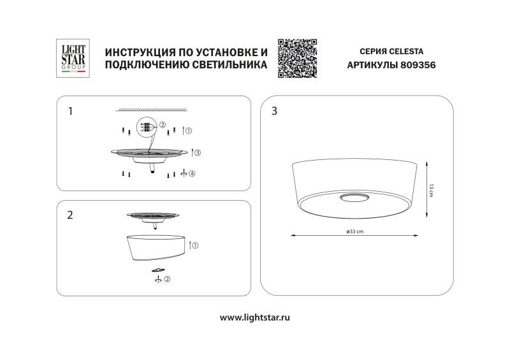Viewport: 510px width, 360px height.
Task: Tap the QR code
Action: (298, 58)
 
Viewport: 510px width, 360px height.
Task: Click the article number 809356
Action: (418, 65)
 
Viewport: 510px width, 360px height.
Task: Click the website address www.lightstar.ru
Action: (255, 317)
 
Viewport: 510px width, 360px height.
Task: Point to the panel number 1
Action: (70, 111)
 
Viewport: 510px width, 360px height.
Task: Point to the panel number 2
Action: (70, 215)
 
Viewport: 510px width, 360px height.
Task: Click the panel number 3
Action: (275, 111)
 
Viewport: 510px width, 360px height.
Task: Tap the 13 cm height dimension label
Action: (431, 189)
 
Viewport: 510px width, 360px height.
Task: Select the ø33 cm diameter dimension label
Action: (355, 231)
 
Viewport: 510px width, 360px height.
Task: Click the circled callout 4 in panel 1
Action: (192, 173)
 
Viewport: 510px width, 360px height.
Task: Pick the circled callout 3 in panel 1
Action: (198, 153)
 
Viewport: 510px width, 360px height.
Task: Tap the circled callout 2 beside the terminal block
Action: (163, 125)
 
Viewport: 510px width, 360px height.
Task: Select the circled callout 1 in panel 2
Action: (196, 245)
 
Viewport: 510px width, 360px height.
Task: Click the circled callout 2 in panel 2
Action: (167, 279)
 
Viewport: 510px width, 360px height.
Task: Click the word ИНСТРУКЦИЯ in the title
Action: (136, 51)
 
